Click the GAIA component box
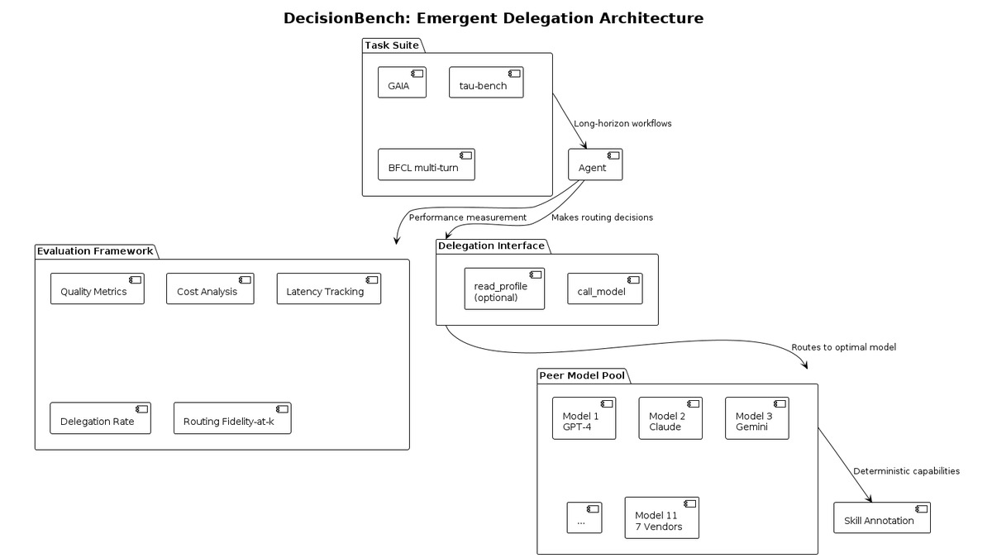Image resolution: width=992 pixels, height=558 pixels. click(402, 83)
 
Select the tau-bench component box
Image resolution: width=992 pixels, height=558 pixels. click(486, 83)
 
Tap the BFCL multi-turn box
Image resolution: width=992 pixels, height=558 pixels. click(427, 165)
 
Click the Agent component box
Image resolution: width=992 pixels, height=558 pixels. click(595, 165)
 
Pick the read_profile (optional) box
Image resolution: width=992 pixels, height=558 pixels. click(504, 289)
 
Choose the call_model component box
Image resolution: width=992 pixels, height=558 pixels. click(605, 289)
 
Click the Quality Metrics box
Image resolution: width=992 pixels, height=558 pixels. click(98, 289)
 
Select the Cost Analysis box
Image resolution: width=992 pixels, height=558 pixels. click(210, 289)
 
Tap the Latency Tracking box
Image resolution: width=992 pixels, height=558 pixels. click(329, 289)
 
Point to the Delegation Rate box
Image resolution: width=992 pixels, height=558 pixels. click(101, 418)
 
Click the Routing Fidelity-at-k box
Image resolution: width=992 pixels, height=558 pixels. click(232, 418)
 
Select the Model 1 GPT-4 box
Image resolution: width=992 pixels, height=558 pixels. click(584, 418)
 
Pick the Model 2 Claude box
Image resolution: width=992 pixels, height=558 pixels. click(670, 418)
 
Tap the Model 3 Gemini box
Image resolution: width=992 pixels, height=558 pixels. click(757, 418)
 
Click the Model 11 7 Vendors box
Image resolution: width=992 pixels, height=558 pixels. click(662, 517)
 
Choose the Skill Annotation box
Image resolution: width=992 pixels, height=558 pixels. click(882, 517)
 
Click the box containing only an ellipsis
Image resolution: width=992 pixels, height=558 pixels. click(584, 517)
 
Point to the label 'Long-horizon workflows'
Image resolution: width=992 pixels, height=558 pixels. click(622, 123)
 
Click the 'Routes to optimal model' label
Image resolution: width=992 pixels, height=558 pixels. click(844, 347)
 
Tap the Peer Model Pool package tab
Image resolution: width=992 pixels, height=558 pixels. click(584, 376)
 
